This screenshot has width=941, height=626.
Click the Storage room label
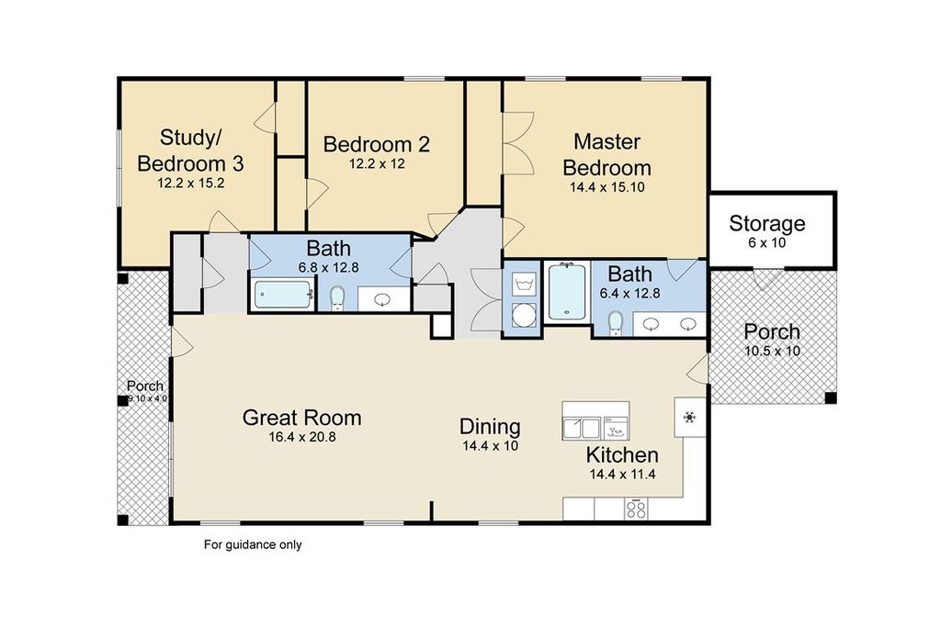point(767,224)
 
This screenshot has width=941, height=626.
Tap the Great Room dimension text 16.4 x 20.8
point(301,437)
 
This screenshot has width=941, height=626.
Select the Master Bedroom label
point(607,155)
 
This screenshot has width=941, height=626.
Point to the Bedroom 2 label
point(376,144)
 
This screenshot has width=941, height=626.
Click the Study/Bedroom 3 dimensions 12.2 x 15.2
point(191,184)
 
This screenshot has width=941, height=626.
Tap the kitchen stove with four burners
point(636,509)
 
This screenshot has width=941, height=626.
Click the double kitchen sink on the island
point(582,428)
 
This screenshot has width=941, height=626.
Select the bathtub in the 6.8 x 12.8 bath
point(283,295)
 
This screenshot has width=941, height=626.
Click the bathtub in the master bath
point(567,292)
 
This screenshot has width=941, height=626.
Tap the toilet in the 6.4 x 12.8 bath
point(616,323)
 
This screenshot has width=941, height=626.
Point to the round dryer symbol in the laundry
point(524,315)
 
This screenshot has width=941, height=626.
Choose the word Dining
point(490,427)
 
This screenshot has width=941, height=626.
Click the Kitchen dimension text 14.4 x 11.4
point(622,475)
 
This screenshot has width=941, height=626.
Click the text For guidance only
point(253,544)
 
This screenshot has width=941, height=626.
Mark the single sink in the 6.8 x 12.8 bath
point(382,299)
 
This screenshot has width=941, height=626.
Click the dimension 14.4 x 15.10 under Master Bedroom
point(607,187)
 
